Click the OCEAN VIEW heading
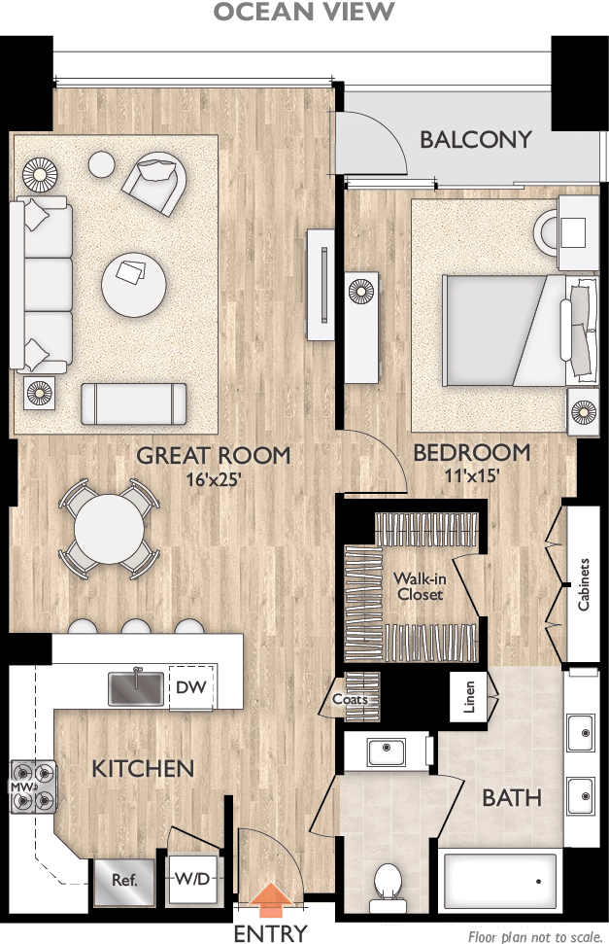click(x=304, y=12)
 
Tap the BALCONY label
click(x=475, y=139)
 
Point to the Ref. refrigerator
click(x=123, y=882)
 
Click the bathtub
click(x=500, y=880)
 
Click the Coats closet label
click(x=348, y=699)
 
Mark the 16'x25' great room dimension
click(x=213, y=477)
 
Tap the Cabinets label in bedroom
click(x=584, y=584)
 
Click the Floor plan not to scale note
click(x=534, y=936)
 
